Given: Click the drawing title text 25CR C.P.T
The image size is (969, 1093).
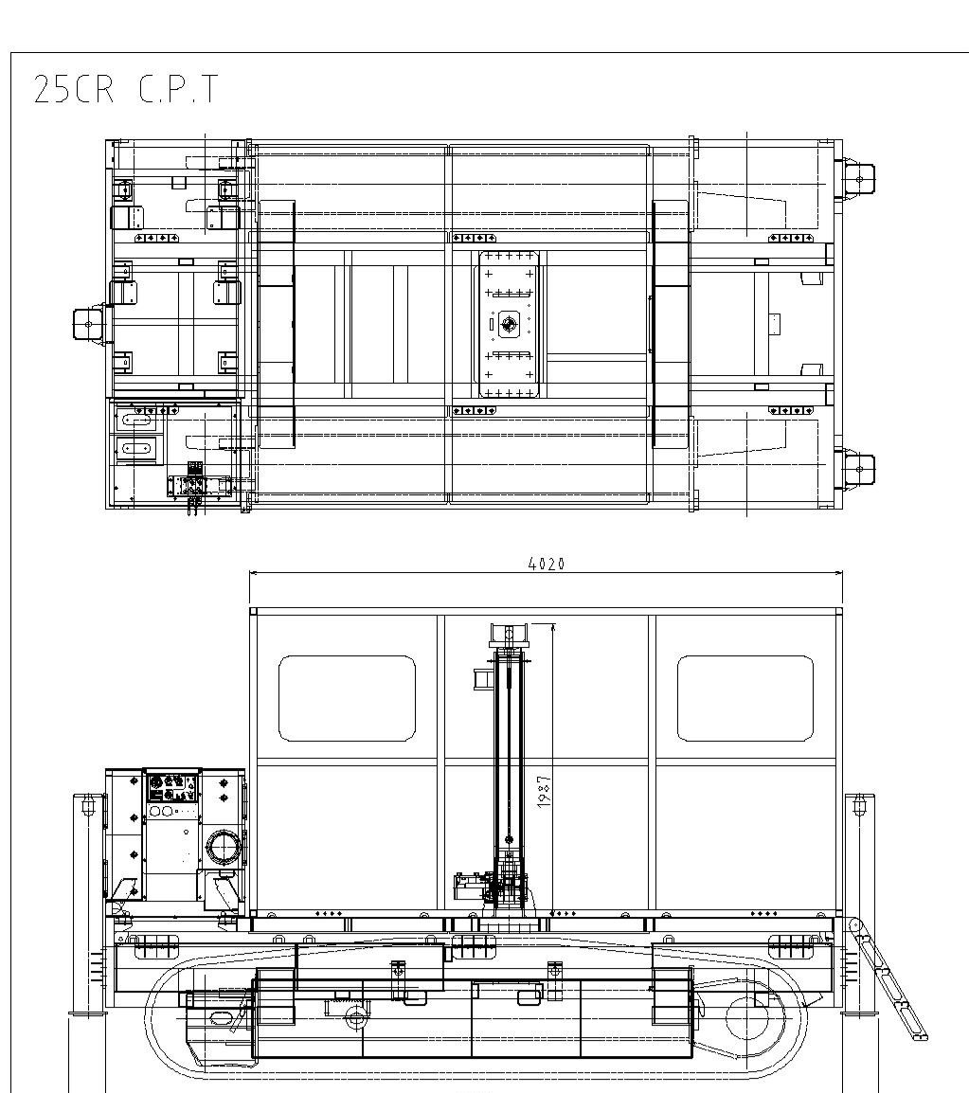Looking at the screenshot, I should click(x=125, y=89).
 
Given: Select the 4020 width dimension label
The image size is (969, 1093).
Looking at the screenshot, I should click(x=546, y=564).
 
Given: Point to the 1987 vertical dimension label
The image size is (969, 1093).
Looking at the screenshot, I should click(x=544, y=791).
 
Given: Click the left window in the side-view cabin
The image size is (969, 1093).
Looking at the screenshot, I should click(x=347, y=698).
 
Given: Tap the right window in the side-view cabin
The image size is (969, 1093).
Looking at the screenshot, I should click(x=745, y=698).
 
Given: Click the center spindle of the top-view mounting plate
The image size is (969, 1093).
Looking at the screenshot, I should click(x=510, y=325).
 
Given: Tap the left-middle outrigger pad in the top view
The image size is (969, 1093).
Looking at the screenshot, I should click(x=87, y=323).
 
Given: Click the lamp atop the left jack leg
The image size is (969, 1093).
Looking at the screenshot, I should click(x=89, y=806).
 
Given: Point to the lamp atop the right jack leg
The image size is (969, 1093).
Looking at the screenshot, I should click(x=859, y=806).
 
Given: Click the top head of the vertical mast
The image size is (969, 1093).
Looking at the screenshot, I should click(x=508, y=633).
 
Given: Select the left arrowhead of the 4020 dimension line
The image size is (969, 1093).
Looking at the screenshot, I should click(x=253, y=572).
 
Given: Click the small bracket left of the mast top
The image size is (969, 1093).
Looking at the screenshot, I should click(x=481, y=677).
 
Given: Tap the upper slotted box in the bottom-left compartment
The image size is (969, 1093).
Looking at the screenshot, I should click(x=137, y=418).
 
